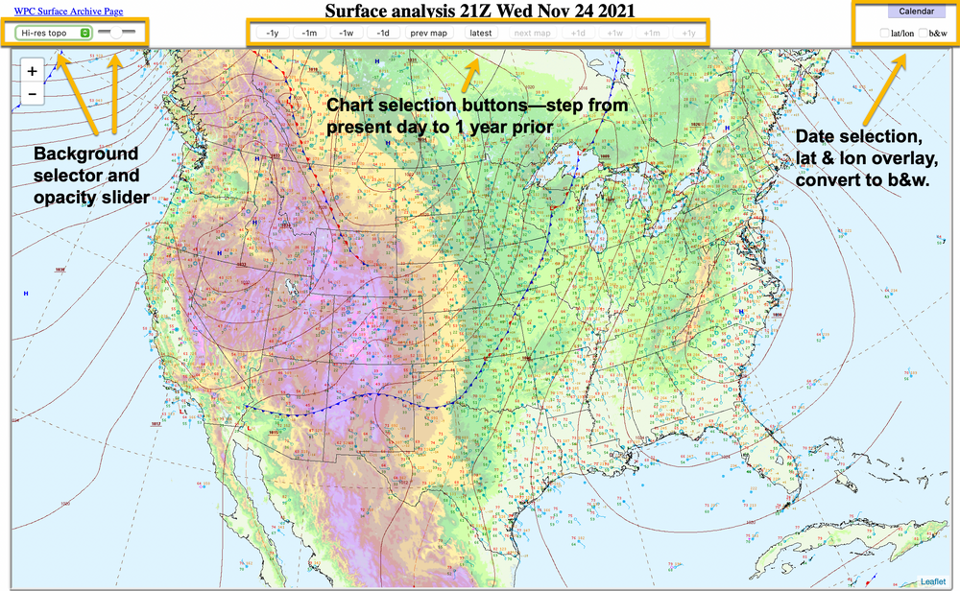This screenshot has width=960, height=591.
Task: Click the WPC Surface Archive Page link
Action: pos(68,11)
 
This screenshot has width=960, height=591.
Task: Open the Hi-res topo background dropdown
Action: pos(55,32)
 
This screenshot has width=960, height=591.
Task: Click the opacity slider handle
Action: pos(115,32)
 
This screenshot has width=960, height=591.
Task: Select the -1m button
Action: pos(309,33)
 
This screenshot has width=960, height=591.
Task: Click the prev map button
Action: pos(429,33)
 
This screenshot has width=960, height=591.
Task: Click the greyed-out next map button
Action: pos(532,33)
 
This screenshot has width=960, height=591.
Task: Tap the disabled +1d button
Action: pos(578,33)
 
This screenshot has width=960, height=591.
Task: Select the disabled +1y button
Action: pos(688,33)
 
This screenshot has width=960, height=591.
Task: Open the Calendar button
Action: pos(916,12)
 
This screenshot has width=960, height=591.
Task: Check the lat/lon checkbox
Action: pos(886,34)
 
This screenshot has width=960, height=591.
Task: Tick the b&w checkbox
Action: pos(924,34)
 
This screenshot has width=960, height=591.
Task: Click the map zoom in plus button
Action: pos(32,72)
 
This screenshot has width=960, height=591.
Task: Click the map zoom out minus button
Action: pos(32,94)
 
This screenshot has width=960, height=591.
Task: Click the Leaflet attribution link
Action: pos(934,581)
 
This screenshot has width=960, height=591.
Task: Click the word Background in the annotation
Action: pos(85,154)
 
